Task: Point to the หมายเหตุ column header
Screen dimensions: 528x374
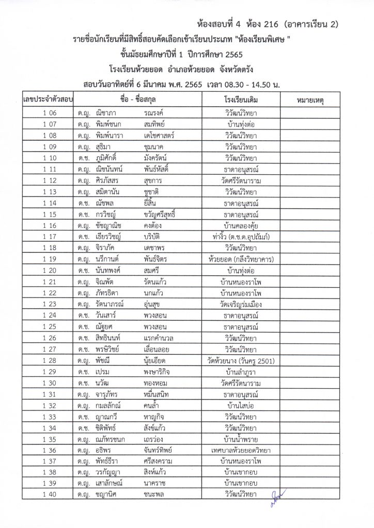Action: coord(315,98)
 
